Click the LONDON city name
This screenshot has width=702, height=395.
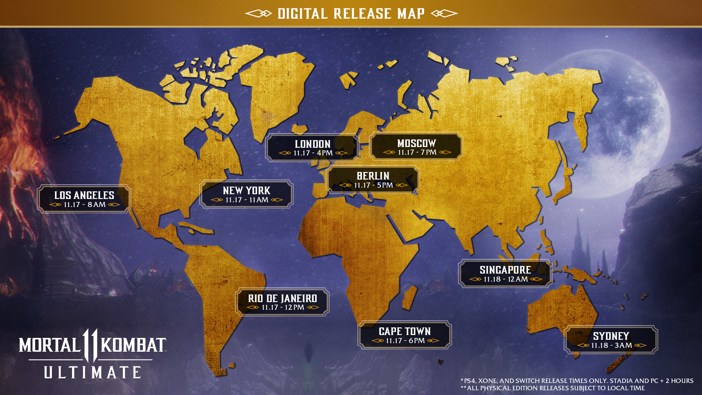(x=313, y=144)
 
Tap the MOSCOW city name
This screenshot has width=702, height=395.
(x=416, y=143)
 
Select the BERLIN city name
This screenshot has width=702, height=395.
(x=373, y=176)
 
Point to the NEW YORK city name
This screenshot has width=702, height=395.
(x=246, y=191)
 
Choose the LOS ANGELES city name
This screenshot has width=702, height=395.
(x=84, y=195)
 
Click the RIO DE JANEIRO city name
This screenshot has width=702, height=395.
(x=282, y=298)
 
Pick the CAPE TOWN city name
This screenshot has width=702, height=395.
(x=405, y=331)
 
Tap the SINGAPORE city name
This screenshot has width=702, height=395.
(x=505, y=270)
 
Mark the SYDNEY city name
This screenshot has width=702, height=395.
(x=611, y=336)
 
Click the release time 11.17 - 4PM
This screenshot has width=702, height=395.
(x=313, y=153)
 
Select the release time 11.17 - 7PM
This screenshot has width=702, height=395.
(x=417, y=153)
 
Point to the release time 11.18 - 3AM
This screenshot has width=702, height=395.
(x=611, y=346)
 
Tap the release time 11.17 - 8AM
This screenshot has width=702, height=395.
(x=84, y=205)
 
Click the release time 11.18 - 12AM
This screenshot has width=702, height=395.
(x=506, y=279)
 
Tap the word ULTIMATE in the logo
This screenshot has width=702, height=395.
(x=93, y=373)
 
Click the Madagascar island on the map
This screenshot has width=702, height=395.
(x=409, y=298)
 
